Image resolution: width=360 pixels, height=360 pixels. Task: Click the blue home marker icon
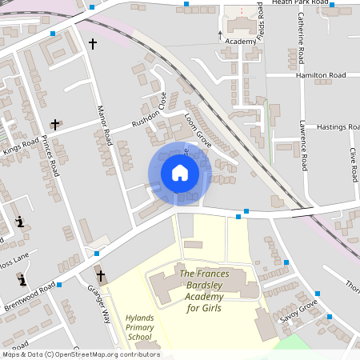pos(179,173)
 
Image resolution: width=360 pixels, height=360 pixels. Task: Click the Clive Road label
pos(352,164)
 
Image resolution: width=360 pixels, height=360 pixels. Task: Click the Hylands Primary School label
pos(139,327)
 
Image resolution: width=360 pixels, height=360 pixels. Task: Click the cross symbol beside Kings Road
pos(55,125)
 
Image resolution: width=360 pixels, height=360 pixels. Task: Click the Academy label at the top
pos(241,41)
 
